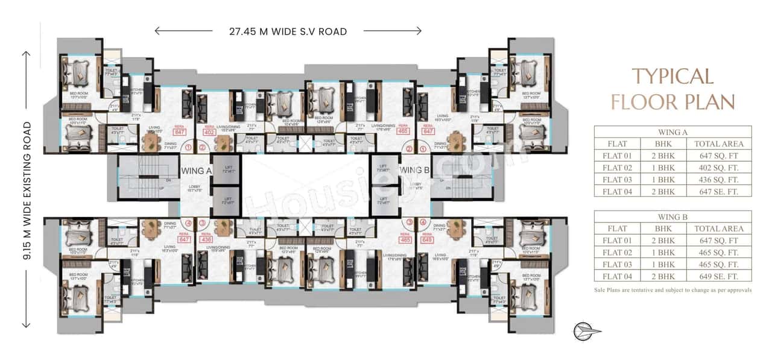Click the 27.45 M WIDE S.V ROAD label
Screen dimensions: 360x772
pos(288,31)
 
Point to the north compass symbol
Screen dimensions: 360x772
pos(586,331)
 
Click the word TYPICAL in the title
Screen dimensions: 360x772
pos(672,77)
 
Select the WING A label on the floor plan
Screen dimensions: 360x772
pos(196,171)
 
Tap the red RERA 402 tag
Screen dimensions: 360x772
pos(210,131)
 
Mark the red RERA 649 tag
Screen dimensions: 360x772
pos(428,238)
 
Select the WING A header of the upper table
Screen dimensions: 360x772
pos(672,131)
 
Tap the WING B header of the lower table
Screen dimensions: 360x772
pos(672,216)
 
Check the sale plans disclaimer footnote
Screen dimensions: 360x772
pos(672,290)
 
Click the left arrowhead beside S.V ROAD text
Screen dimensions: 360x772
pos(158,31)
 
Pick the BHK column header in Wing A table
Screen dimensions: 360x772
pos(667,144)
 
